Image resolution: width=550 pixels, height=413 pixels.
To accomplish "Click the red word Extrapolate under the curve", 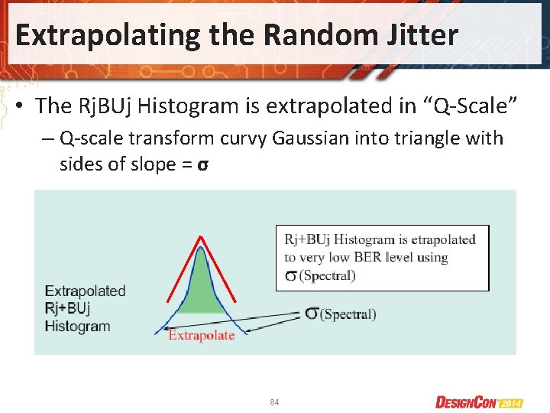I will pos(202,336).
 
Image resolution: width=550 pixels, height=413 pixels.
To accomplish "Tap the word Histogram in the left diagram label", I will pos(77,327).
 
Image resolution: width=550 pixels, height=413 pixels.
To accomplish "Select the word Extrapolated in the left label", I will pos(85,291).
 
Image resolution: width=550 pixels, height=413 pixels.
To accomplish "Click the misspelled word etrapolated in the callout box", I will pos(439,239).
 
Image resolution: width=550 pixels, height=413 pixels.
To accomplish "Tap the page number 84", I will pos(274,402).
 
